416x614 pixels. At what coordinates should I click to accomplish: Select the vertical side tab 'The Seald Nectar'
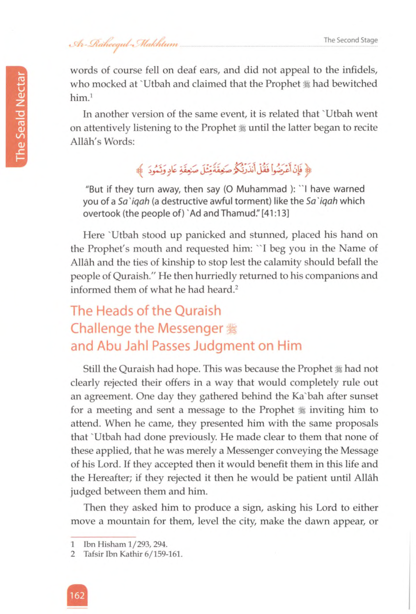pos(20,116)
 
